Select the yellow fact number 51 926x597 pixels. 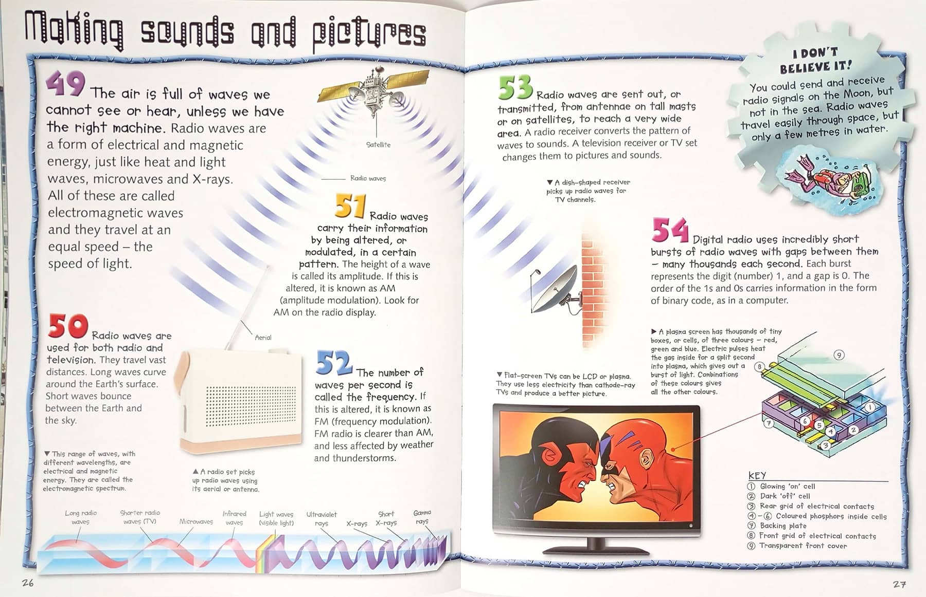[x=350, y=206]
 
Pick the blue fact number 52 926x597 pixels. [x=333, y=362]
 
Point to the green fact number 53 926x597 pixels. [x=515, y=87]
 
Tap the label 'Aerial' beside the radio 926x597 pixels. [x=263, y=338]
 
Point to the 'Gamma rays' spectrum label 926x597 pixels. [x=422, y=517]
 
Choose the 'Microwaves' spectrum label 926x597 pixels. [x=196, y=521]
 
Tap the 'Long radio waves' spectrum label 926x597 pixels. [x=81, y=517]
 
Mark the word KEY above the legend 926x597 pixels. [x=757, y=475]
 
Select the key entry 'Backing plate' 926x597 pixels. [x=783, y=526]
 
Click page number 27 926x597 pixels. [x=899, y=584]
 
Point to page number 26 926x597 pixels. [x=28, y=583]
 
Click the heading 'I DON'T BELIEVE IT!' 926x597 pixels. [x=815, y=61]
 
